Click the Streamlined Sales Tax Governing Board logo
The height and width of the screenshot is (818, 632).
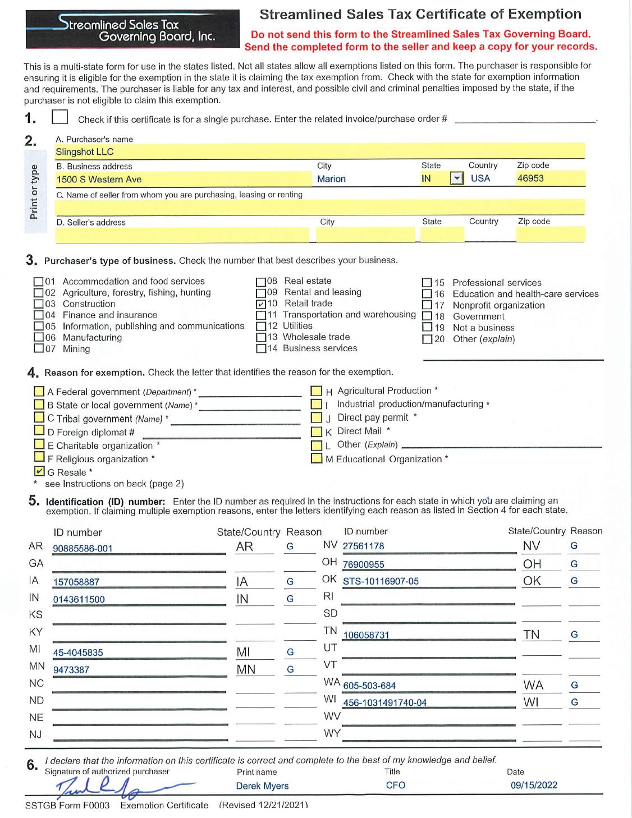pos(132,29)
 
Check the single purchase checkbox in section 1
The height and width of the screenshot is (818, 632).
pos(59,117)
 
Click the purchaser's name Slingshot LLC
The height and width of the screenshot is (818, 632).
pos(85,152)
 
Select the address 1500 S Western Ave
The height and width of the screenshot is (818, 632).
pos(99,180)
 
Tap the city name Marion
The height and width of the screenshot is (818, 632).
pos(331,179)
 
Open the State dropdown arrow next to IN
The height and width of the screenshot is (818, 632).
pos(457,178)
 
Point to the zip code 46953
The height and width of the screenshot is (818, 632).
pos(530,178)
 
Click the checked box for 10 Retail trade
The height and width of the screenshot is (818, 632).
pos(260,304)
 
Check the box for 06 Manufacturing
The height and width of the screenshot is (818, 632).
pos(39,337)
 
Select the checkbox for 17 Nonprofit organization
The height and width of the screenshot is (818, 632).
pos(427,305)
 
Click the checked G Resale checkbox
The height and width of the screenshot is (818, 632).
pos(39,471)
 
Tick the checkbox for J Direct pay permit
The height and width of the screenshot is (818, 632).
pos(317,417)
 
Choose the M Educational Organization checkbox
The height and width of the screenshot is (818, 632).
pos(317,458)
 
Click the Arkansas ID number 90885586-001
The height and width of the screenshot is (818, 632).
pos(83,548)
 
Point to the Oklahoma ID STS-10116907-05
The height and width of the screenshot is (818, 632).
pos(381,581)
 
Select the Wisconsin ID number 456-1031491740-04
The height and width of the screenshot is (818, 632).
pos(384,702)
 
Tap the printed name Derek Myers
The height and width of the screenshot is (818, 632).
pos(262,786)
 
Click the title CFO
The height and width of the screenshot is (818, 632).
pos(395,785)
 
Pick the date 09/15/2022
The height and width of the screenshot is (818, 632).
pos(534,785)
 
